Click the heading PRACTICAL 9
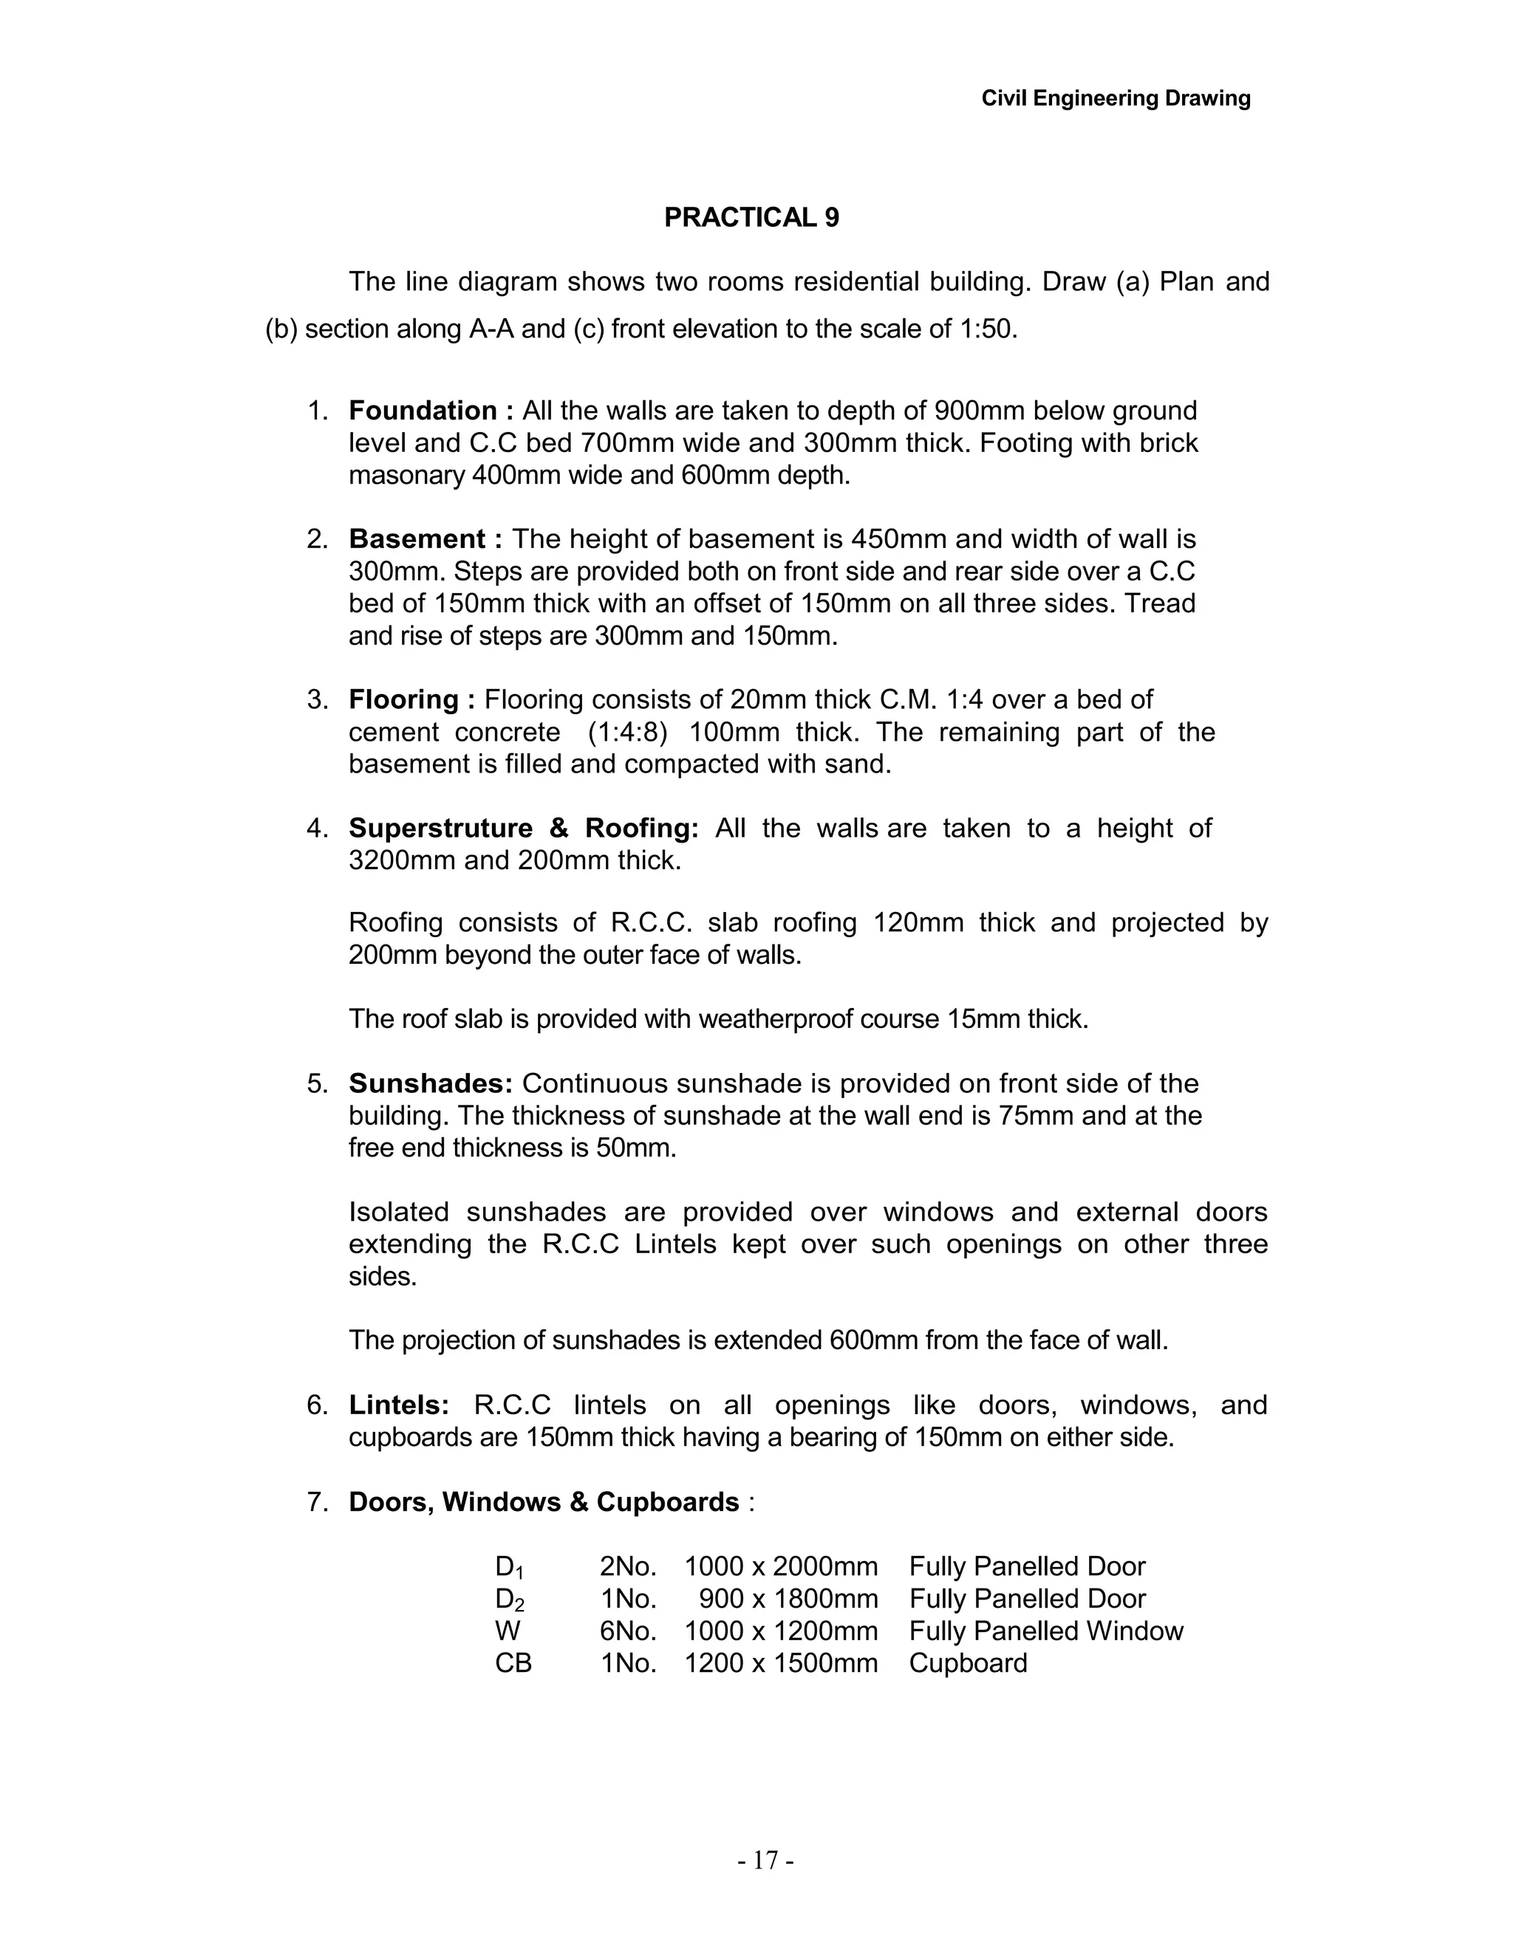pyautogui.click(x=751, y=218)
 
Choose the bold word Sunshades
pyautogui.click(x=430, y=1083)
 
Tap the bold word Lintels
pyautogui.click(x=398, y=1405)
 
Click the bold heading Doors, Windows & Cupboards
pyautogui.click(x=543, y=1502)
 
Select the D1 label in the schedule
pyautogui.click(x=509, y=1567)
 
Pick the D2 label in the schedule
pyautogui.click(x=509, y=1600)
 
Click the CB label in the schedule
pyautogui.click(x=513, y=1663)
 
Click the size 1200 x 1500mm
pyautogui.click(x=781, y=1663)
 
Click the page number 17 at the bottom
pyautogui.click(x=765, y=1861)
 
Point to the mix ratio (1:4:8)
pyautogui.click(x=627, y=732)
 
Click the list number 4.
pyautogui.click(x=317, y=828)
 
